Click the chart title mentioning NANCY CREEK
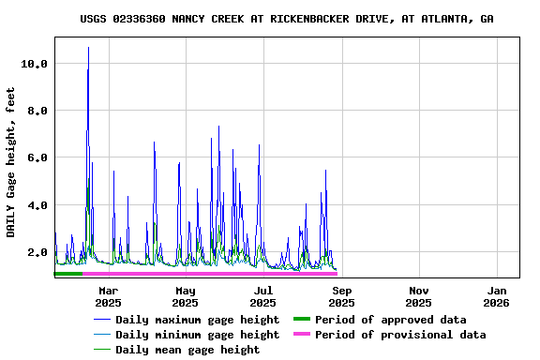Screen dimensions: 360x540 tap(287, 19)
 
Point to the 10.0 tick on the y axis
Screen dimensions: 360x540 tap(34, 64)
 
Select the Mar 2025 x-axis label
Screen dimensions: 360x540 tap(108, 296)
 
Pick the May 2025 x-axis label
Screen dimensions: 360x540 tap(186, 296)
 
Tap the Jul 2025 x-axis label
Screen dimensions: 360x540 tap(263, 296)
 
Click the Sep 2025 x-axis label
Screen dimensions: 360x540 tap(341, 296)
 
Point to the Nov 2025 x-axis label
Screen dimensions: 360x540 tap(419, 296)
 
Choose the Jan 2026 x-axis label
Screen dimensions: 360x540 tap(496, 296)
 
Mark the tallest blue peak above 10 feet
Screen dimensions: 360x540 tap(88, 48)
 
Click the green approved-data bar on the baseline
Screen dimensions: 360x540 tap(68, 274)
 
